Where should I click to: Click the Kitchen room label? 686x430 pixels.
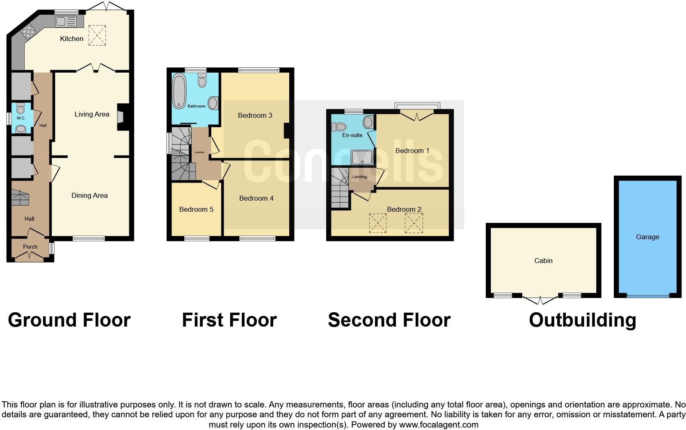pyautogui.click(x=71, y=39)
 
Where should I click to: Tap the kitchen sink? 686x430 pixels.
pyautogui.click(x=66, y=21)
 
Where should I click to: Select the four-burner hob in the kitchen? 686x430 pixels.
pyautogui.click(x=28, y=30)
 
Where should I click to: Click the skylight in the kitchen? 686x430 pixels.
pyautogui.click(x=97, y=35)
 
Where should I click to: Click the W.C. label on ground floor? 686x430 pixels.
pyautogui.click(x=21, y=118)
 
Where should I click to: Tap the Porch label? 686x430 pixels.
pyautogui.click(x=30, y=247)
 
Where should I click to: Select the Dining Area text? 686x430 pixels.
pyautogui.click(x=89, y=195)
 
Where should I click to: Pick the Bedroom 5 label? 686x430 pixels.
pyautogui.click(x=196, y=209)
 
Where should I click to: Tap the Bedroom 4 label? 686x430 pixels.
pyautogui.click(x=256, y=198)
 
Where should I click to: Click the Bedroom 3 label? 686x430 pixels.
pyautogui.click(x=255, y=115)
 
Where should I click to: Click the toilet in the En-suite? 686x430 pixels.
pyautogui.click(x=341, y=126)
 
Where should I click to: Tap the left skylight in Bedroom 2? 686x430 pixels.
pyautogui.click(x=377, y=223)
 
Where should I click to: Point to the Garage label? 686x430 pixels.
pyautogui.click(x=647, y=237)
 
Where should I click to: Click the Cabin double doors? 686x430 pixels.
pyautogui.click(x=540, y=300)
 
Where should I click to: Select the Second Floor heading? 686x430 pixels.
pyautogui.click(x=389, y=320)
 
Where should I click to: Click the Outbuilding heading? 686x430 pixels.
pyautogui.click(x=582, y=320)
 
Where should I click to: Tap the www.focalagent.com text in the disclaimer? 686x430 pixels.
pyautogui.click(x=439, y=425)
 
